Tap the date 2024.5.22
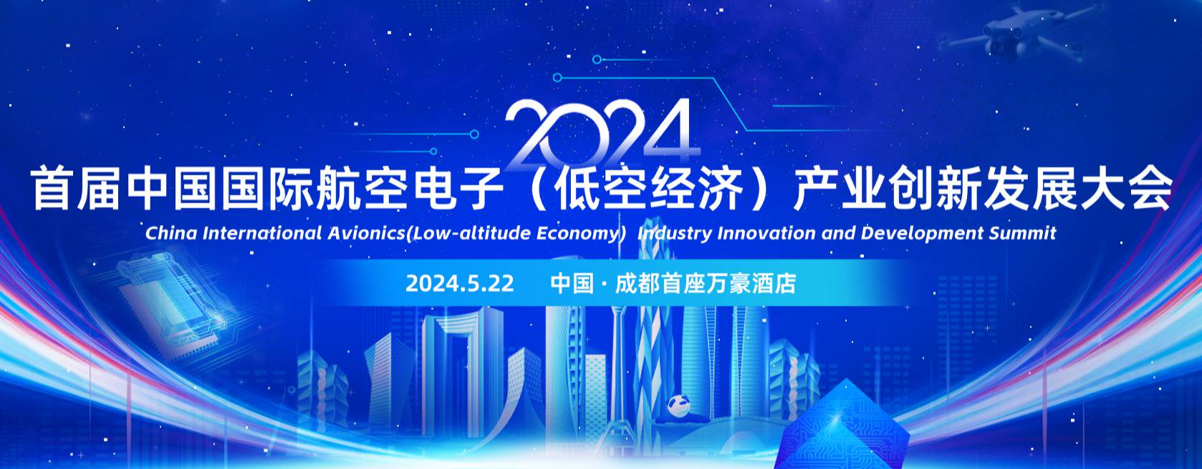click(460, 284)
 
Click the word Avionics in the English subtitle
click(364, 233)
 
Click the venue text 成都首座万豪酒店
click(705, 284)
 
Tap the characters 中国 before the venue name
click(572, 284)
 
